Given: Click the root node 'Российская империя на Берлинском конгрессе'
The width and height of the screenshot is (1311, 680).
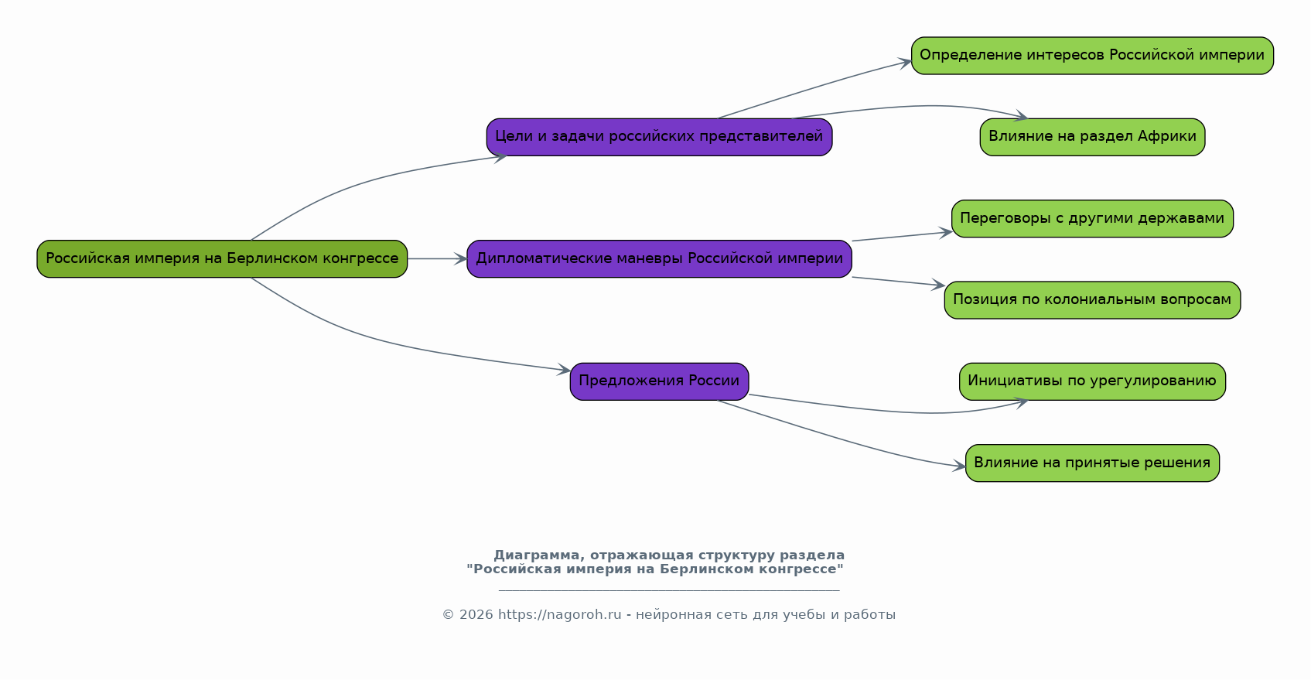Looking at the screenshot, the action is [x=222, y=258].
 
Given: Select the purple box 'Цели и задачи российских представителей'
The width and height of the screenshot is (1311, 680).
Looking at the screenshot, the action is [x=659, y=137].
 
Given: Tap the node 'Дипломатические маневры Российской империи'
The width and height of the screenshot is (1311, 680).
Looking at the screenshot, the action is [x=659, y=258].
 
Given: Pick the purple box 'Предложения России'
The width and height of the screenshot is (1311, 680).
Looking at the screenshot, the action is [x=659, y=381].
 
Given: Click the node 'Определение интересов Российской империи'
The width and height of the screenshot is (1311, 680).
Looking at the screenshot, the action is [x=1092, y=56].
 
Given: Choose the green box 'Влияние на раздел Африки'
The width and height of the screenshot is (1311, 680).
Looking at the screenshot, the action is [x=1092, y=137].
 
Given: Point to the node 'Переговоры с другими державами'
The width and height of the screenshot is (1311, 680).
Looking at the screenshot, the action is [x=1092, y=218].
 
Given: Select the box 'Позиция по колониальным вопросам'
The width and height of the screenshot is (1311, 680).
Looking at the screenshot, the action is [x=1092, y=300].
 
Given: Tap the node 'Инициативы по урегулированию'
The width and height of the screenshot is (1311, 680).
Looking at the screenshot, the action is [x=1092, y=381].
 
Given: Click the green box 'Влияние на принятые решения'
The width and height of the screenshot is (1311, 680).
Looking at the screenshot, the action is [x=1092, y=463].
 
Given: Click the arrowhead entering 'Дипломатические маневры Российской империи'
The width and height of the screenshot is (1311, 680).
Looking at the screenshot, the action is [x=461, y=258].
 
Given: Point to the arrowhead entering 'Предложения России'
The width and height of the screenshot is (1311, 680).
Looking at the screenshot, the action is [x=564, y=369].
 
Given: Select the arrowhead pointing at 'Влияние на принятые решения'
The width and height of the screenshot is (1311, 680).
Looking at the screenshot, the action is [x=958, y=466].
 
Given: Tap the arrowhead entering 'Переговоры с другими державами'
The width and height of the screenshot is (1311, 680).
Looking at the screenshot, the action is [x=945, y=233].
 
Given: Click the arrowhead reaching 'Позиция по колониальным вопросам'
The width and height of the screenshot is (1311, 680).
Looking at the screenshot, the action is [x=938, y=285].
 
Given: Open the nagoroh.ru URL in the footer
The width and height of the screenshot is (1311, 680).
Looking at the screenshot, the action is [x=559, y=614].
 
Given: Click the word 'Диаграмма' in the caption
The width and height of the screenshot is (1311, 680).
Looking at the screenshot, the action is [x=539, y=555].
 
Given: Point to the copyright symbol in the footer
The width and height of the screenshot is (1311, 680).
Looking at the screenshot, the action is [x=449, y=614].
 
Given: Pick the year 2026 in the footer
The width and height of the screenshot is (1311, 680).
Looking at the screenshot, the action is [x=476, y=614].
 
